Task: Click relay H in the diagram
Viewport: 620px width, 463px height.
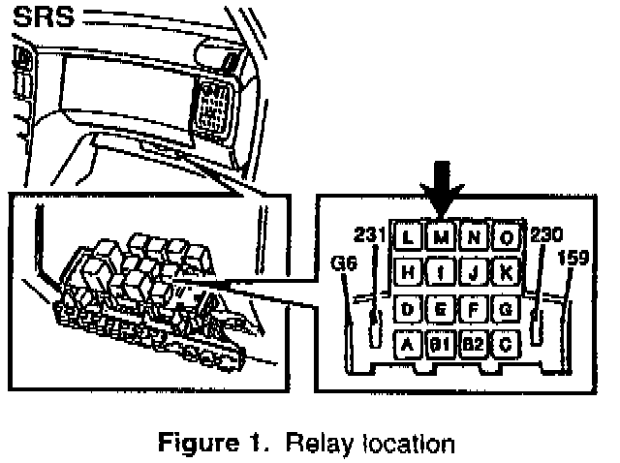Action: pyautogui.click(x=408, y=273)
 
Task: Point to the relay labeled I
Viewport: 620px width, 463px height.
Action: pyautogui.click(x=441, y=273)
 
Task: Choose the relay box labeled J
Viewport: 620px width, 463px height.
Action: pyautogui.click(x=474, y=273)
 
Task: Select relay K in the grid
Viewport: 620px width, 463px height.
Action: pyautogui.click(x=507, y=273)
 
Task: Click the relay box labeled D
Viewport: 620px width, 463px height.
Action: pyautogui.click(x=408, y=309)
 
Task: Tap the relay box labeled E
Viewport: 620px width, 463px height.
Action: pyautogui.click(x=441, y=309)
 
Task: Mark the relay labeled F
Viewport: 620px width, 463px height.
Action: pyautogui.click(x=474, y=309)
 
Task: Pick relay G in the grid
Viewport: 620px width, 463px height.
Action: pyautogui.click(x=507, y=309)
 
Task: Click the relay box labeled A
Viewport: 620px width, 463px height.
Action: pyautogui.click(x=408, y=343)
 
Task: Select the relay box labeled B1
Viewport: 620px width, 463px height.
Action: pyautogui.click(x=441, y=343)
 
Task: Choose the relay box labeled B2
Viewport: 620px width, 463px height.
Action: pyautogui.click(x=474, y=343)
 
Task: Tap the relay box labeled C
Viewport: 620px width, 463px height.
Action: pyautogui.click(x=507, y=343)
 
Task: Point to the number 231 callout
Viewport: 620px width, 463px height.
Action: pyautogui.click(x=370, y=233)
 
